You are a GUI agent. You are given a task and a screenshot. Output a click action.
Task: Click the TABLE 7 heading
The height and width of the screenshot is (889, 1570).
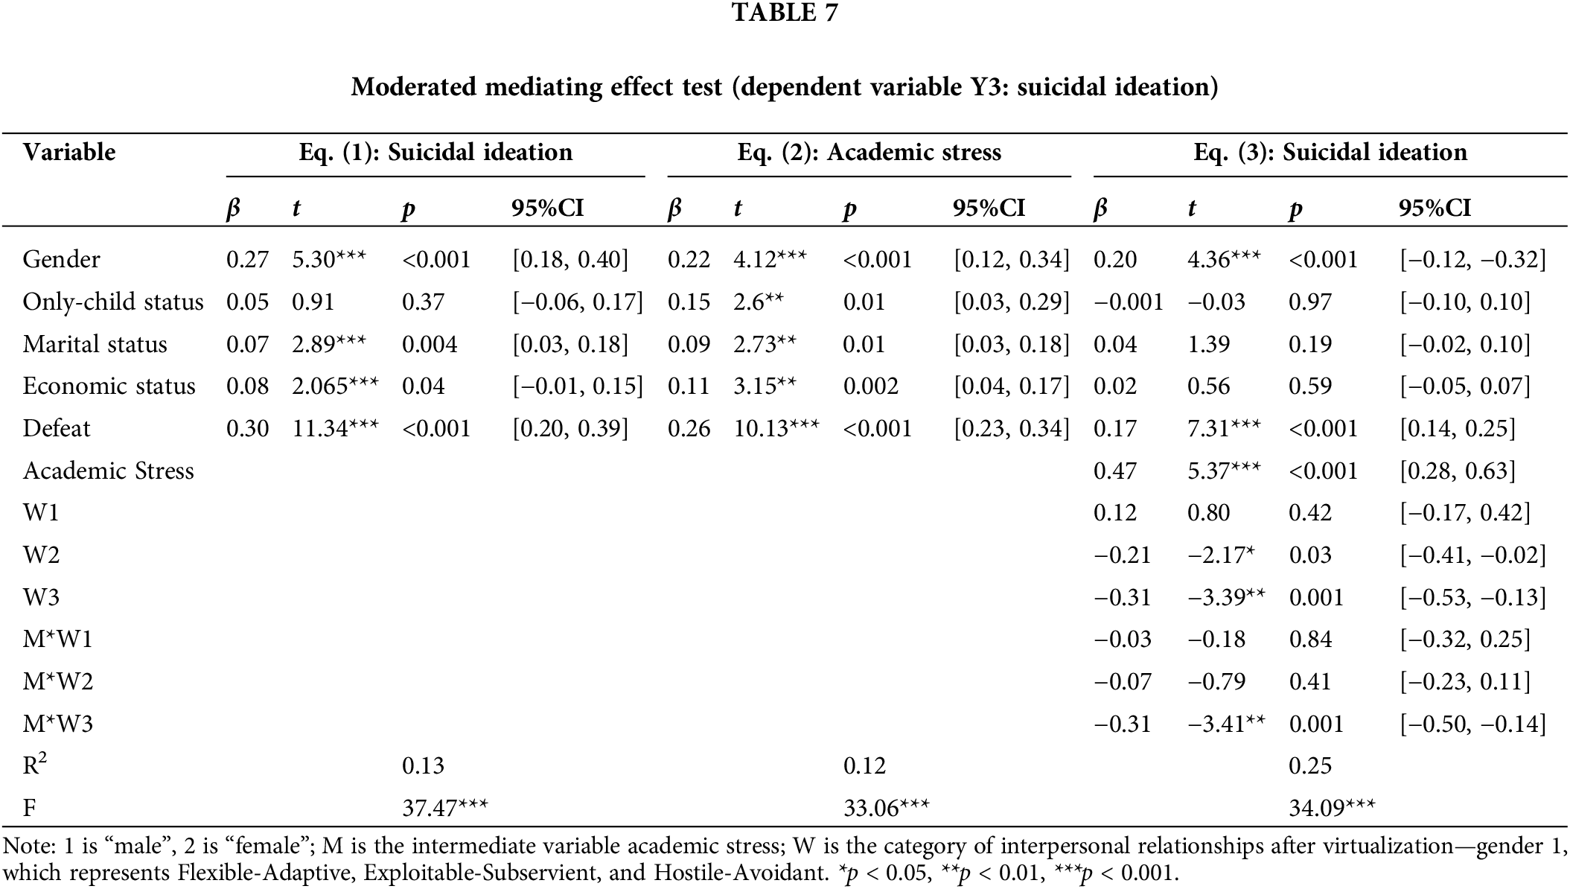click(785, 13)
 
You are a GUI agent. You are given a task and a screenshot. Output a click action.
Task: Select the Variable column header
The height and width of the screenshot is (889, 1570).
click(69, 153)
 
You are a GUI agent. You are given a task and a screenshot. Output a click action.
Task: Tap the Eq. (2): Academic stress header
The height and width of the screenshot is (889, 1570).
click(869, 153)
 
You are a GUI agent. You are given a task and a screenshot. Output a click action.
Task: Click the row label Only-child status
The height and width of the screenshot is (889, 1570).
click(113, 302)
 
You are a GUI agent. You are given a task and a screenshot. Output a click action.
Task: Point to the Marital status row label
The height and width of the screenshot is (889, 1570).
click(95, 344)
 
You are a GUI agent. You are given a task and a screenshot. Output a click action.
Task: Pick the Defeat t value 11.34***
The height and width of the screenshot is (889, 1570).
click(335, 428)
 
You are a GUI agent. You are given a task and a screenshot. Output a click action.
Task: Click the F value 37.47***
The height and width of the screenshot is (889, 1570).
click(444, 808)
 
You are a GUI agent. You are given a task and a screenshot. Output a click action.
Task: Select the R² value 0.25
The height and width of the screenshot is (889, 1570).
click(1309, 765)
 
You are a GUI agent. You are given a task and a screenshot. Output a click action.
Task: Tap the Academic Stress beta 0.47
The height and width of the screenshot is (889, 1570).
click(1114, 471)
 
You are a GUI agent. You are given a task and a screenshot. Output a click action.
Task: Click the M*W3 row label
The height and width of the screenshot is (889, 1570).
click(57, 724)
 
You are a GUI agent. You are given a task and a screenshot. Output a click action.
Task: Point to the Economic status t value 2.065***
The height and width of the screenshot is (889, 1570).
click(335, 386)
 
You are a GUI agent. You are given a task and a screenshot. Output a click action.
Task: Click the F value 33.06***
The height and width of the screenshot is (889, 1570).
click(886, 808)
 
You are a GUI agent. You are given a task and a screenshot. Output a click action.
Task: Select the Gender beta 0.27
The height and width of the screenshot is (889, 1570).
click(247, 259)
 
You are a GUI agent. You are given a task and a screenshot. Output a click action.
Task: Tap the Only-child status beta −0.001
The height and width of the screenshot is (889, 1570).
click(1128, 302)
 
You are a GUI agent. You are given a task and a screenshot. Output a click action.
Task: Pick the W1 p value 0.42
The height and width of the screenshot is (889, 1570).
click(1309, 512)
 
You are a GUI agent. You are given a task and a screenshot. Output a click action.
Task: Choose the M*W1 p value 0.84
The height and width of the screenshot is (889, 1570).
click(1309, 639)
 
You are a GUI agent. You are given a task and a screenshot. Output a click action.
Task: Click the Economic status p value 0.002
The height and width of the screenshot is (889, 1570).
click(870, 386)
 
